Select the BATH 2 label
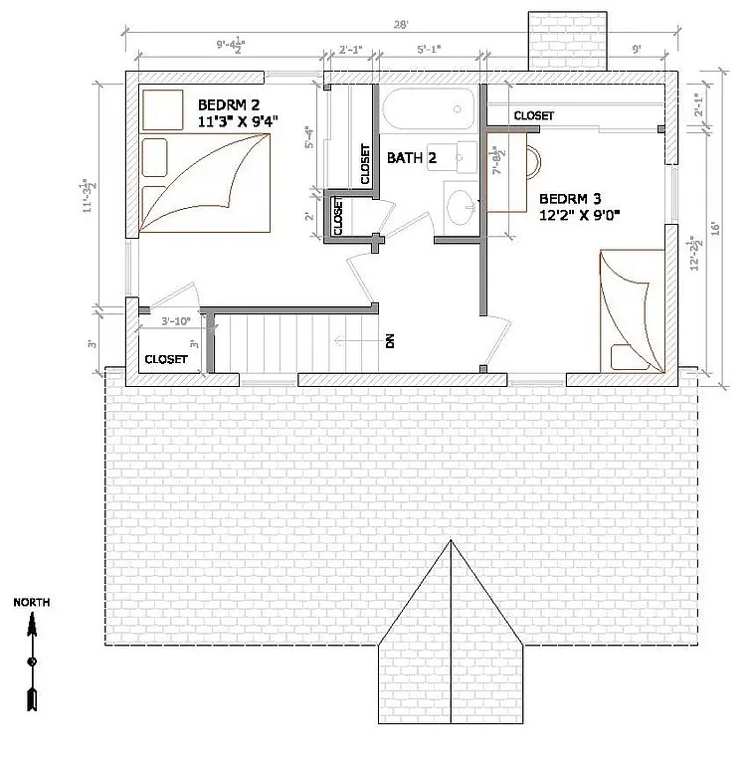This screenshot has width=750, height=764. click(x=412, y=158)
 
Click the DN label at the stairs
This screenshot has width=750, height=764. click(x=390, y=341)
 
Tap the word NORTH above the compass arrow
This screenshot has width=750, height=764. click(x=32, y=603)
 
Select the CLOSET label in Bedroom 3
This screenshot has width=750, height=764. click(x=533, y=116)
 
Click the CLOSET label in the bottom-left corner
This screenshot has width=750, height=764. click(x=166, y=359)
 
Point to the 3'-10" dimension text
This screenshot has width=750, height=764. click(x=176, y=320)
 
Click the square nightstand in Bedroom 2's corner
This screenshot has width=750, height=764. click(x=160, y=108)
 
